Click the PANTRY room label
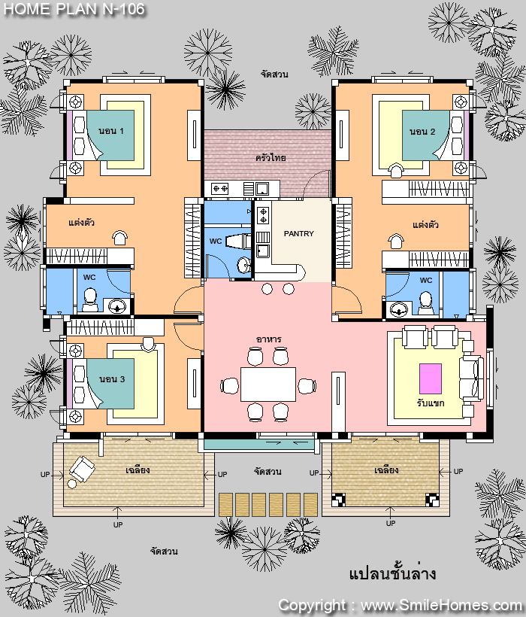point(298,234)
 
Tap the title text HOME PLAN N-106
point(74,10)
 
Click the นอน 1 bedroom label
point(111,131)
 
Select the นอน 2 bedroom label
point(422,132)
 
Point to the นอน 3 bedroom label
point(112,379)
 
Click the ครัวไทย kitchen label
point(271,157)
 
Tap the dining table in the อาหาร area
point(268,384)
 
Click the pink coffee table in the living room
point(431,378)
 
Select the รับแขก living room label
point(431,403)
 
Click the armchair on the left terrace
point(82,469)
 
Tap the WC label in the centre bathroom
point(215,242)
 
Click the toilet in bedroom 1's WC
point(90,299)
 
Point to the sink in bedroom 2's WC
point(399,309)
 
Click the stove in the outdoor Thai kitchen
point(220,189)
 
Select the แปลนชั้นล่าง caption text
point(392,573)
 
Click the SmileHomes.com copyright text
point(401,605)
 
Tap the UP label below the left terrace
point(118,524)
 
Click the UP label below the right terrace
point(391,524)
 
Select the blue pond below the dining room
point(259,445)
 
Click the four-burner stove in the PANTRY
point(263,216)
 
